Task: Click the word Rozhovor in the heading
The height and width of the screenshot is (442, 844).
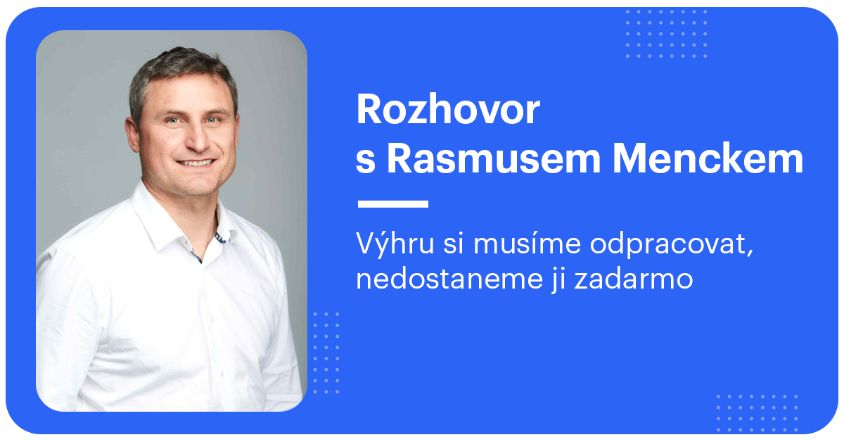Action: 448,110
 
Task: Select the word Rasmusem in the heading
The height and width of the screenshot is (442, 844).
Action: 493,160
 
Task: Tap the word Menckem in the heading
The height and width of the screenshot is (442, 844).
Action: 708,160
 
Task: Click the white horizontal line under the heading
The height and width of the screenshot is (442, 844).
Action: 392,204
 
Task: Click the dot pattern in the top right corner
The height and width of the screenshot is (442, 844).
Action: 666,34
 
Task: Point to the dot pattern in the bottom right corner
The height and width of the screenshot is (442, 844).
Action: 757,412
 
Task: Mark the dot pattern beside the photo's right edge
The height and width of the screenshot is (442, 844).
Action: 326,352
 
